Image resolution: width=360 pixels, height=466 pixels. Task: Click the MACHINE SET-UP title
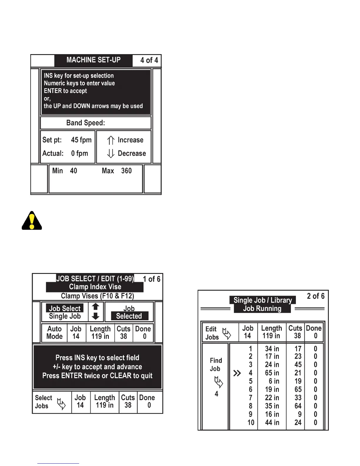pos(93,60)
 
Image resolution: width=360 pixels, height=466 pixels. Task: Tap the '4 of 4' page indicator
pos(149,60)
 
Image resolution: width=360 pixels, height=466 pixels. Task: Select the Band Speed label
pos(86,123)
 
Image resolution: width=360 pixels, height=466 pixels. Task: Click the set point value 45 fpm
pos(81,140)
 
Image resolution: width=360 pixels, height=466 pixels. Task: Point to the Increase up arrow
pos(111,140)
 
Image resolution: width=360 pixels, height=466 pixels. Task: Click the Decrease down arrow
pos(111,153)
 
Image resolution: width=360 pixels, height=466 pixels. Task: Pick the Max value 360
pos(126,171)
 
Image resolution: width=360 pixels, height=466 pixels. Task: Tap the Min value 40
pos(74,171)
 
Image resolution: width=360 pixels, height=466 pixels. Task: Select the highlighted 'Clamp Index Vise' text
pos(95,287)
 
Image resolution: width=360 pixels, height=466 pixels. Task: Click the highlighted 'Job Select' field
pos(65,308)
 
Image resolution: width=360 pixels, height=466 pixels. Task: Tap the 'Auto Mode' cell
pos(54,332)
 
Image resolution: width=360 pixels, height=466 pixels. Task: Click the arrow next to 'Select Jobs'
pos(61,404)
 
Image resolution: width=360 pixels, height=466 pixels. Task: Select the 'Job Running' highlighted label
pos(262,309)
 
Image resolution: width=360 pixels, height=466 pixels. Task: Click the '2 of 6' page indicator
pos(316,296)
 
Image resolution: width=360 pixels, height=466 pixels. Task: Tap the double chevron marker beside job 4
pos(237,373)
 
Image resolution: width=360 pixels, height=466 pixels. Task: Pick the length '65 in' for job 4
pos(272,373)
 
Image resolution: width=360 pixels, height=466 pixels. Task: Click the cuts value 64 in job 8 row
pos(298,406)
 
